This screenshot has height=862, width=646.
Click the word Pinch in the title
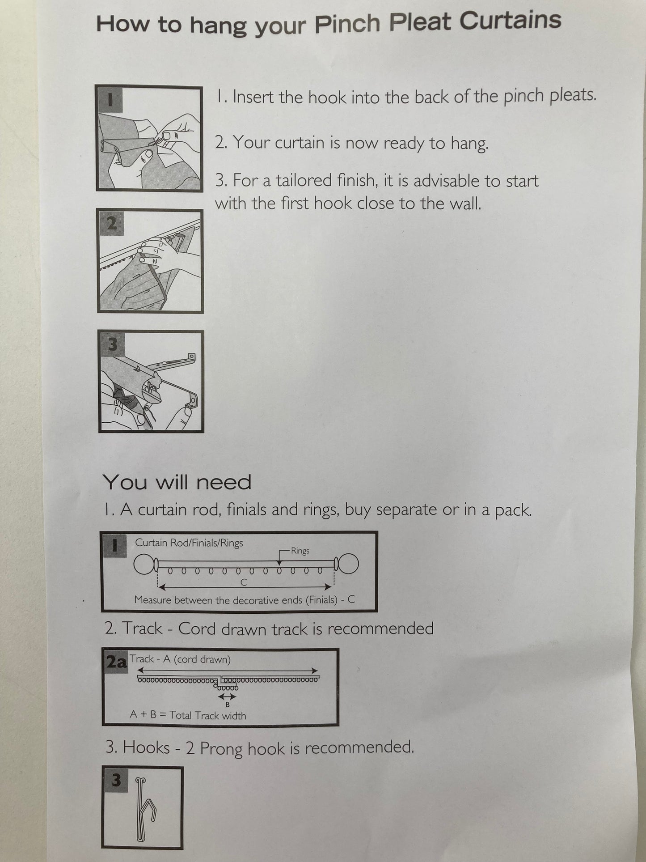coord(347,24)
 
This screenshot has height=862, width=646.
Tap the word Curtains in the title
coord(510,21)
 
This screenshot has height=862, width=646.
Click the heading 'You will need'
coord(177,482)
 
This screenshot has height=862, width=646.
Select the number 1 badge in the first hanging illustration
coord(110,99)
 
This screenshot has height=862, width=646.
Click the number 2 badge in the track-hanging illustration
coord(112,222)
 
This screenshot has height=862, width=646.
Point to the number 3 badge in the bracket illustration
coord(113,344)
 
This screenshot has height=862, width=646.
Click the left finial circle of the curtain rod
coord(143,565)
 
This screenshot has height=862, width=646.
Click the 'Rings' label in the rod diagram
coord(300,551)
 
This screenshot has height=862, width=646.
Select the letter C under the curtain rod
coord(244,582)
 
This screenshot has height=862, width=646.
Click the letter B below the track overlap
coord(228,705)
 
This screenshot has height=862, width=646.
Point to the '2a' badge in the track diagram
coord(116,662)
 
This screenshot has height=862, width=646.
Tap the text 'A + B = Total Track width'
coord(188,715)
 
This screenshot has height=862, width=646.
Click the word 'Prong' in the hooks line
coord(221,748)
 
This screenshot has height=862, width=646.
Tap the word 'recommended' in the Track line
coord(380,628)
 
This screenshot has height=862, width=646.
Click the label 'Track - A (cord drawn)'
coord(180,659)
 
